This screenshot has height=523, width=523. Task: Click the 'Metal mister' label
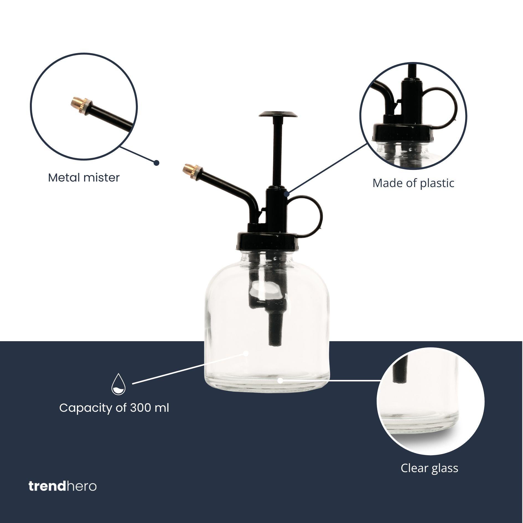point(84,178)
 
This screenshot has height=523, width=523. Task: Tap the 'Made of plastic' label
point(413,183)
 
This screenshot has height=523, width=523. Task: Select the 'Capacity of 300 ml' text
point(114,408)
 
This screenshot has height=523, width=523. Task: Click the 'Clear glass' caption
point(429,468)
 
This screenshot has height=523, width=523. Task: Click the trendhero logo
point(63,486)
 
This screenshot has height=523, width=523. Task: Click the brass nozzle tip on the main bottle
point(188,168)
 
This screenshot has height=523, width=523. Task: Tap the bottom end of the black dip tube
point(274,343)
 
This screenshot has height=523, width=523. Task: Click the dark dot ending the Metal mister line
point(156,163)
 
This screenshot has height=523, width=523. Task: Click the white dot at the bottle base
point(280,381)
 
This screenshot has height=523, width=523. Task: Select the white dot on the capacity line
point(246,353)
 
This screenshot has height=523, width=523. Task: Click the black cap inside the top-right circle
point(401,132)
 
